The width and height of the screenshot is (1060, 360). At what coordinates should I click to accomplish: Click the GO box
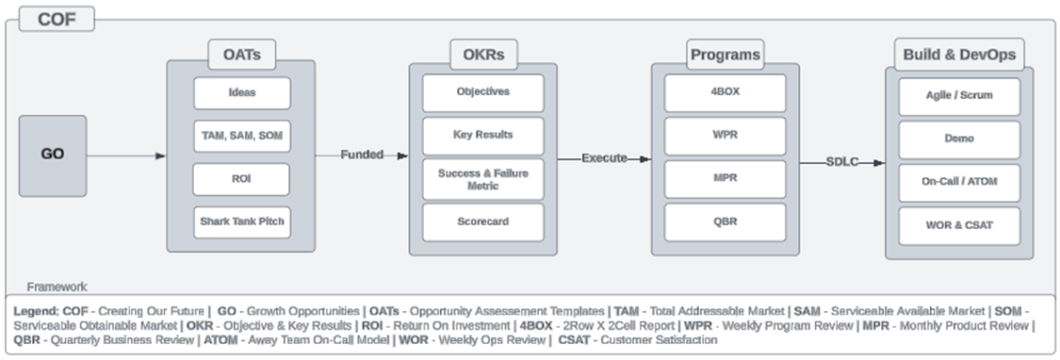point(53,155)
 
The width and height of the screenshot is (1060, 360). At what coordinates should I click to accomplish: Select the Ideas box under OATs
point(242,93)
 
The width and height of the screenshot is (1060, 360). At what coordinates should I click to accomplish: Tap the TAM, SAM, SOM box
point(242,136)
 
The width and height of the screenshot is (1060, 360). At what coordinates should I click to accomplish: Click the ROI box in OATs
point(242,179)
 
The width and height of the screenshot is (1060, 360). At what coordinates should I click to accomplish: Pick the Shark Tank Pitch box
point(242,221)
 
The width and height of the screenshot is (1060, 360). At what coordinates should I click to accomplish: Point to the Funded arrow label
point(362,155)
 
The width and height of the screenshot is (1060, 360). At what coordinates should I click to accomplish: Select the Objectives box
point(482,92)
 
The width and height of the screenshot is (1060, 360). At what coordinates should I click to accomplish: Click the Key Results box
point(482,136)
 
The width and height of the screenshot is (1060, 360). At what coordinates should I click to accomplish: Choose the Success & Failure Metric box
point(482,179)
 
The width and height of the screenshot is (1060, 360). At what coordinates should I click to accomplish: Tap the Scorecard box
point(482,222)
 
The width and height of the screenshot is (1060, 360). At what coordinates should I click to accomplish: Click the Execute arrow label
point(604,158)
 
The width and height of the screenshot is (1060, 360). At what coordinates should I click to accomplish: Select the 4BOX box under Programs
point(725,92)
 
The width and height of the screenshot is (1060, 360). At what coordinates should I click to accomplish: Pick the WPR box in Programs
point(725,136)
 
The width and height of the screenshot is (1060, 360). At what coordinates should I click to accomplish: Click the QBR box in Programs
point(725,222)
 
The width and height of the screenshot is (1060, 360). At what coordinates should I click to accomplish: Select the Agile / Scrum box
point(958,96)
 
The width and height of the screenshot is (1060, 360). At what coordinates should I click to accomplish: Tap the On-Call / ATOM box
point(958,183)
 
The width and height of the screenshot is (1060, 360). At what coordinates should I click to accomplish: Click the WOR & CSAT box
point(958,226)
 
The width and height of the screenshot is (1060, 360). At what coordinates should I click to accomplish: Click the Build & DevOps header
point(959,55)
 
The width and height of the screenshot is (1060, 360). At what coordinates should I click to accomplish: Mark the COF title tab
point(57,18)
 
